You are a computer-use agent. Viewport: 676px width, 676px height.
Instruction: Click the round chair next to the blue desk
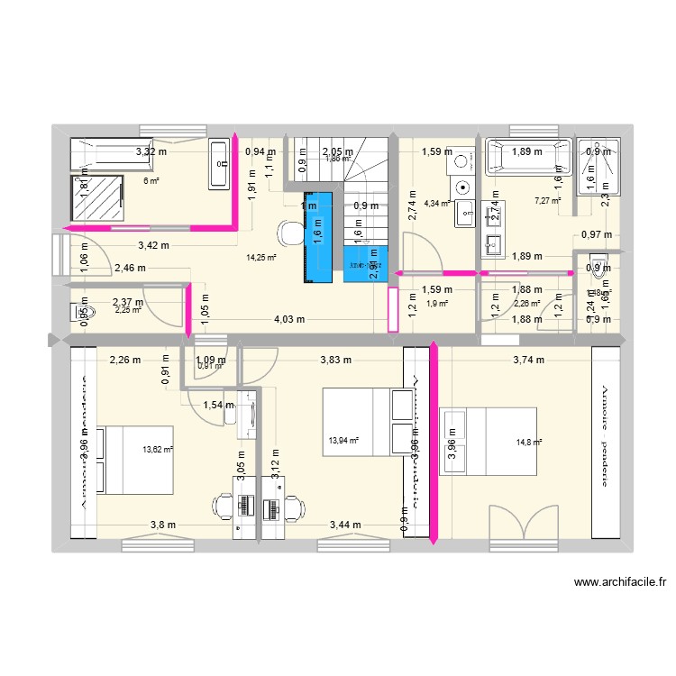tap(289, 233)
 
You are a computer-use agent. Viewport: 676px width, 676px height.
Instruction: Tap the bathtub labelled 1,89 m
tap(528, 155)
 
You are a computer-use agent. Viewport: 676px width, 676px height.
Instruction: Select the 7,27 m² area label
tap(547, 200)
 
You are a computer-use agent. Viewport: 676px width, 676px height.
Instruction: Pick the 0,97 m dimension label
tap(597, 235)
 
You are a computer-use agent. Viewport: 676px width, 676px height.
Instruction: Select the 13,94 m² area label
tap(343, 441)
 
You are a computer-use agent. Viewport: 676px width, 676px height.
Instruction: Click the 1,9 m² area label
tap(437, 303)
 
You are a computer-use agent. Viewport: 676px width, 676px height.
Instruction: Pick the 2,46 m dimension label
tap(130, 268)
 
